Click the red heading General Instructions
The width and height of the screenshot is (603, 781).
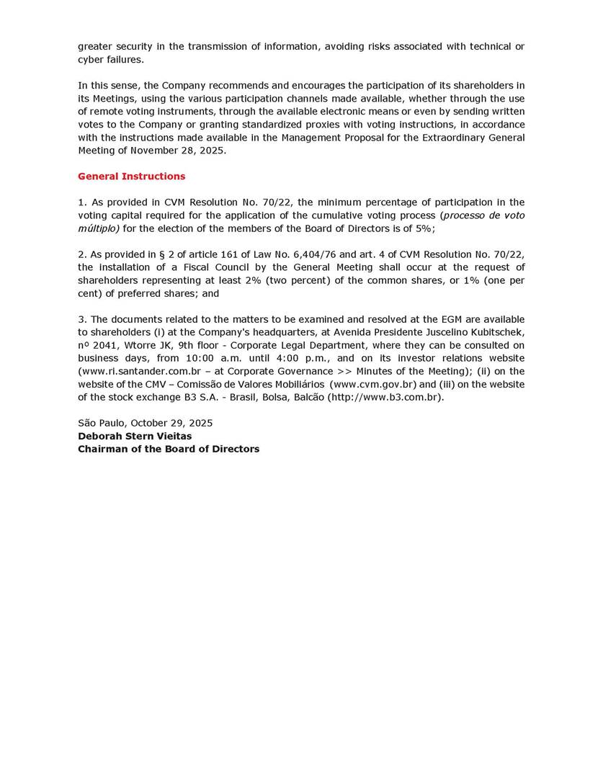[x=131, y=177]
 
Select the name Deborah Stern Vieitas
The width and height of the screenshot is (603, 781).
[x=135, y=436]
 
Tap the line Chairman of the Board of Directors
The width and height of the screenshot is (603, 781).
[x=169, y=449]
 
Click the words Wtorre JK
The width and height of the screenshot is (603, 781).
[x=147, y=345]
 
